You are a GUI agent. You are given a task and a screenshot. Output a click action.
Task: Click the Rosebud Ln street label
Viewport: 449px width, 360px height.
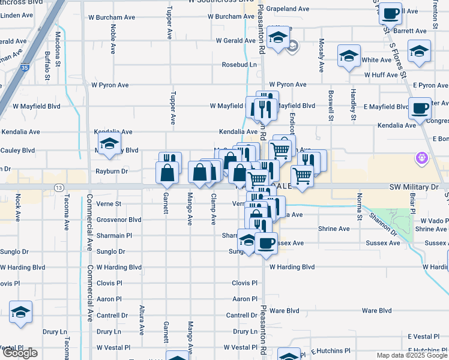[x=240, y=64]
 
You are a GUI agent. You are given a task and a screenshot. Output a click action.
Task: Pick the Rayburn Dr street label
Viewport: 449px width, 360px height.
[x=112, y=171]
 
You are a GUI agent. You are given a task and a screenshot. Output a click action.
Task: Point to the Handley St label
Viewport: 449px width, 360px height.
[x=354, y=103]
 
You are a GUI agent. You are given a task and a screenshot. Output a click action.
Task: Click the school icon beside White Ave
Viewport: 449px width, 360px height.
[x=349, y=56]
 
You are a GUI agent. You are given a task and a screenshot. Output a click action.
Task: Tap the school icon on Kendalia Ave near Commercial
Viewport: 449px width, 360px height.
[x=109, y=144]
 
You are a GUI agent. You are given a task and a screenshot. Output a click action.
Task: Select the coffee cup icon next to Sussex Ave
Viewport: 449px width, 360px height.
[x=266, y=243]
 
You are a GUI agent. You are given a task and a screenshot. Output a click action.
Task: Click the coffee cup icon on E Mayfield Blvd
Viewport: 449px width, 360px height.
[x=420, y=109]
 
